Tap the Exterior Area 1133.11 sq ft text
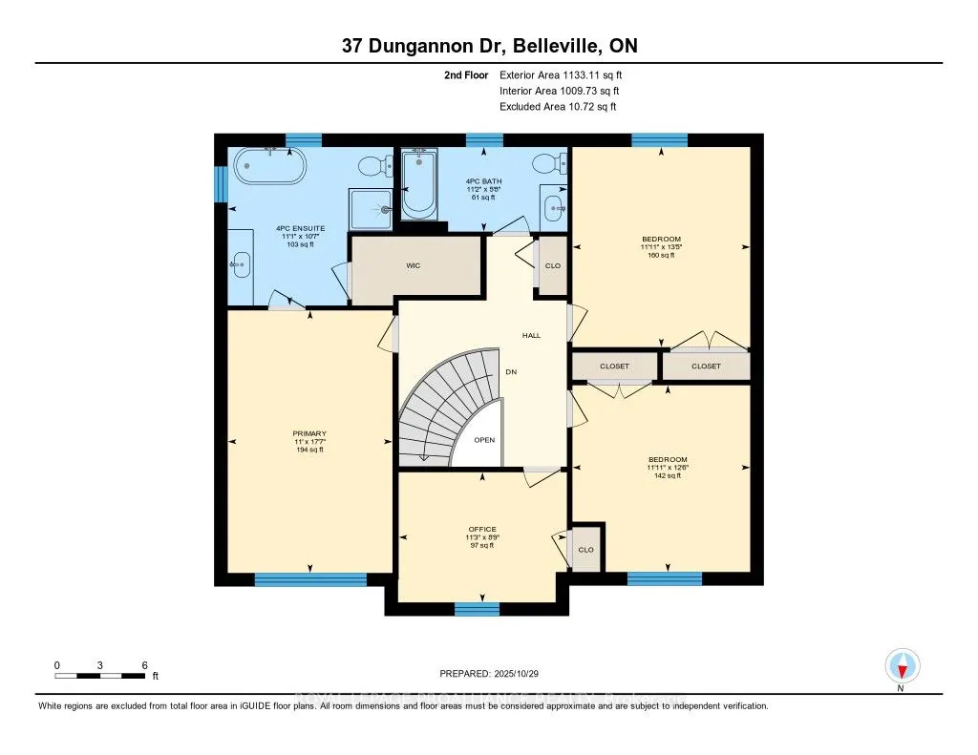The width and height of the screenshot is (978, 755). pyautogui.click(x=563, y=74)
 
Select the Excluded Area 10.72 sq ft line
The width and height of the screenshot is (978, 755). pyautogui.click(x=558, y=107)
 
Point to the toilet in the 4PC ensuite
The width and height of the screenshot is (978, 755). pyautogui.click(x=381, y=166)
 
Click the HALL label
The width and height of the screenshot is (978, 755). pyautogui.click(x=531, y=336)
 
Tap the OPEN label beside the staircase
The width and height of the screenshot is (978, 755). pyautogui.click(x=484, y=440)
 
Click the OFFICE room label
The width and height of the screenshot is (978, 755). pyautogui.click(x=482, y=529)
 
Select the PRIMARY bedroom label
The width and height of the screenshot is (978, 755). pyautogui.click(x=309, y=434)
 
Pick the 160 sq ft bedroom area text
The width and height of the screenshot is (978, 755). pyautogui.click(x=662, y=256)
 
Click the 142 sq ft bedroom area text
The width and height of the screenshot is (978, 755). pyautogui.click(x=665, y=475)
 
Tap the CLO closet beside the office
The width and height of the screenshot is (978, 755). pyautogui.click(x=585, y=550)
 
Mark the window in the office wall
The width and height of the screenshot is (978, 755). pyautogui.click(x=477, y=609)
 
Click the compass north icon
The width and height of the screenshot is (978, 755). pyautogui.click(x=901, y=664)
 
